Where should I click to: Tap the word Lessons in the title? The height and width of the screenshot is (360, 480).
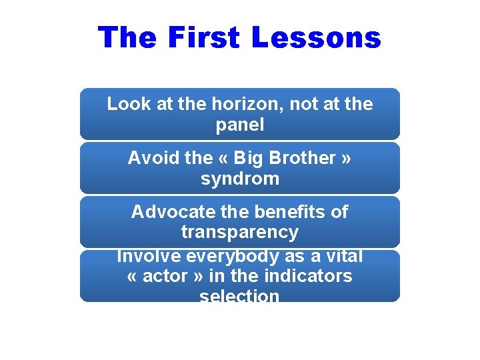coord(316,37)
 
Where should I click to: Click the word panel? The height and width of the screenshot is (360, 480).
coord(240,124)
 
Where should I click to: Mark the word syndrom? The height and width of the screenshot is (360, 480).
coord(240,179)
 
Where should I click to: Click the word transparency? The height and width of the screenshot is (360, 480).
coord(240,232)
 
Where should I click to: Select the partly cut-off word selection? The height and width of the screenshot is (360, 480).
coord(240,295)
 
